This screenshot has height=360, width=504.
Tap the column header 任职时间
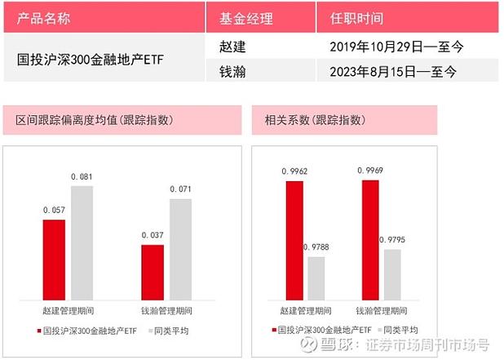pyautogui.click(x=356, y=18)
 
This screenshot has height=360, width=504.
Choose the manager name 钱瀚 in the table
pyautogui.click(x=232, y=72)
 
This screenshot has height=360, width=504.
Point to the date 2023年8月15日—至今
pyautogui.click(x=393, y=72)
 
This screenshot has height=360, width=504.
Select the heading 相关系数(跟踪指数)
pyautogui.click(x=312, y=120)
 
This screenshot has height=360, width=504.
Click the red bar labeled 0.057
pyautogui.click(x=54, y=260)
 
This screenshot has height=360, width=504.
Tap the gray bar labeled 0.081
pyautogui.click(x=82, y=242)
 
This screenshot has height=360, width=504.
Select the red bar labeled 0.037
pyautogui.click(x=153, y=272)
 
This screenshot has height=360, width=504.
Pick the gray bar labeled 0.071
pyautogui.click(x=180, y=249)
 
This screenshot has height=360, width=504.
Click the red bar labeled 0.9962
pyautogui.click(x=294, y=240)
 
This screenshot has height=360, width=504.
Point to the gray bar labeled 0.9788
pyautogui.click(x=316, y=278)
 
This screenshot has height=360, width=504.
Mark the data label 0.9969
pyautogui.click(x=370, y=171)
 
